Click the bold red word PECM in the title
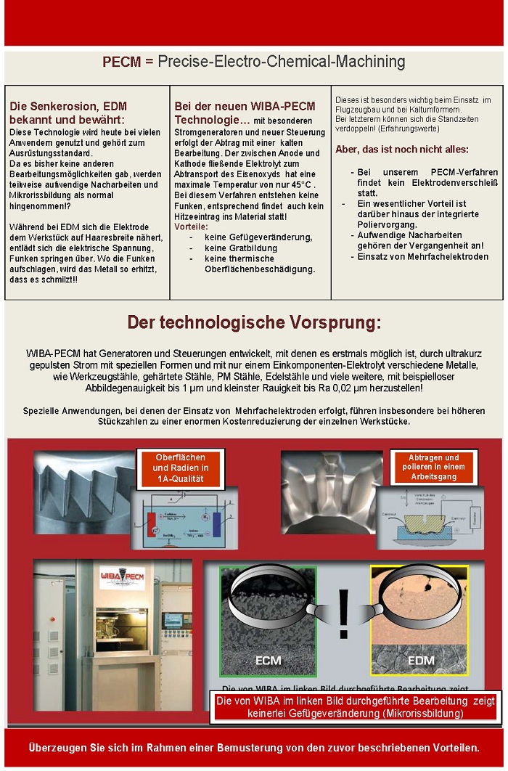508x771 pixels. [121, 62]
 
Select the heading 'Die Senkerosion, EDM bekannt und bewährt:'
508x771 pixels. [67, 113]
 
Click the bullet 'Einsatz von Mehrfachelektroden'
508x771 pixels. [422, 256]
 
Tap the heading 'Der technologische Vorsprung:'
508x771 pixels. [254, 322]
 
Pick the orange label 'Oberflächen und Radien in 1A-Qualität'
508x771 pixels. [181, 468]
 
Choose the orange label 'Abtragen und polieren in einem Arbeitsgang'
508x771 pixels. [433, 468]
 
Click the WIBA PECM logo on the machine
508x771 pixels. [112, 577]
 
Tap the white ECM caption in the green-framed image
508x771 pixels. [269, 661]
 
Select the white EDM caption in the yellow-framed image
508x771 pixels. [420, 661]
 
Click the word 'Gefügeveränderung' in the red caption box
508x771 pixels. [311, 714]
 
